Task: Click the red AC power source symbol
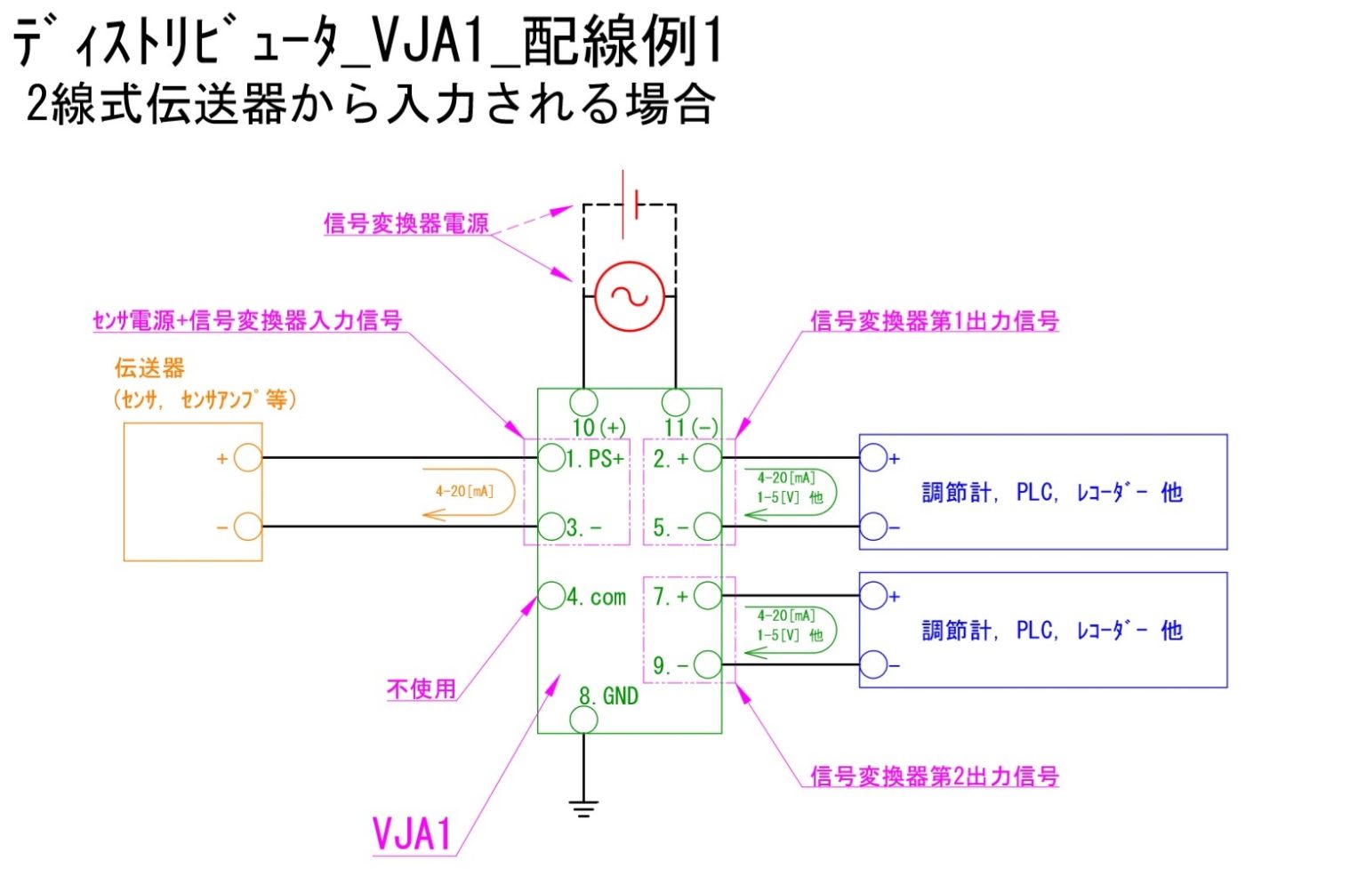tap(629, 296)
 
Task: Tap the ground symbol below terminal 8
tap(583, 808)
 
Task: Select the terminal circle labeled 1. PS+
tap(552, 457)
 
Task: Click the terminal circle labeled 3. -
tap(552, 526)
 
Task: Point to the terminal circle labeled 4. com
tap(552, 595)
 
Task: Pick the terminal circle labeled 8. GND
tap(583, 720)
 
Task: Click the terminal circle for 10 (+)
tap(583, 401)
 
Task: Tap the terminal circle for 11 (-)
tap(676, 401)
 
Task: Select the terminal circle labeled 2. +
tap(708, 457)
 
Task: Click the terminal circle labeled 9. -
tap(708, 664)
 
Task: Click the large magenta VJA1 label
tap(412, 834)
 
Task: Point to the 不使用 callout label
tap(422, 688)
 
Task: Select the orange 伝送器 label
tap(149, 368)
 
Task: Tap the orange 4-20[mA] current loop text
tap(464, 491)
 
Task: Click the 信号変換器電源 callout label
tap(406, 222)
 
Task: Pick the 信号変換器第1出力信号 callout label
tap(934, 321)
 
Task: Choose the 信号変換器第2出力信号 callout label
tap(934, 776)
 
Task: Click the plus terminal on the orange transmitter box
tap(248, 458)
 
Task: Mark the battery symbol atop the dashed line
tap(630, 205)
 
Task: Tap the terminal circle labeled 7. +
tap(708, 595)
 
